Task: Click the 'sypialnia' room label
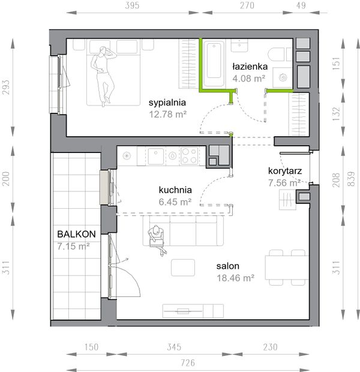click(167, 103)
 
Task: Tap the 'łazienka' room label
click(250, 67)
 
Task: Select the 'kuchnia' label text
click(175, 190)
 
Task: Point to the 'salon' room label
click(227, 266)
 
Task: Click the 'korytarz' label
click(285, 171)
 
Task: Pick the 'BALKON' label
click(76, 234)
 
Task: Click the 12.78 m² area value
click(168, 115)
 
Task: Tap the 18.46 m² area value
click(236, 278)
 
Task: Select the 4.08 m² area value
click(249, 78)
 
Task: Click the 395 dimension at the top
click(132, 5)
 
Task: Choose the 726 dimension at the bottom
click(188, 363)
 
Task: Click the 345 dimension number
click(174, 347)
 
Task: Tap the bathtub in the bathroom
click(214, 64)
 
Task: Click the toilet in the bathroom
click(280, 55)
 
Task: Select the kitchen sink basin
click(155, 157)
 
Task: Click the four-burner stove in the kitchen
click(189, 155)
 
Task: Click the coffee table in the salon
click(183, 268)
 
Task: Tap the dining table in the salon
click(287, 268)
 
